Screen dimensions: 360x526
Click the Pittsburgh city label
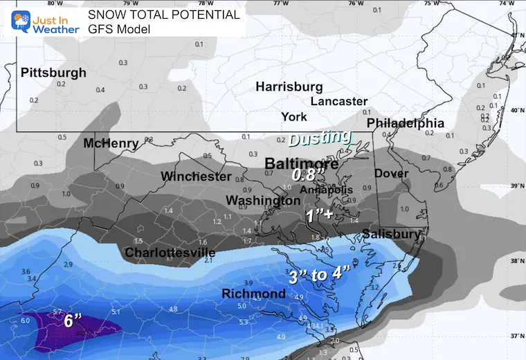tap(53, 73)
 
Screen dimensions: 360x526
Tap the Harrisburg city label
tap(289, 87)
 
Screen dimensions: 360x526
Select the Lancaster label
tap(338, 101)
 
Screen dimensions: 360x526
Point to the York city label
tap(294, 116)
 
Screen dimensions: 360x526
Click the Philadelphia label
tap(405, 123)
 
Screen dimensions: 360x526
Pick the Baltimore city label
tap(302, 164)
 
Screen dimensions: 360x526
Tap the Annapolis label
tap(326, 189)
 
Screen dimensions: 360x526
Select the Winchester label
tap(196, 177)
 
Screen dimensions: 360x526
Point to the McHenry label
tap(111, 143)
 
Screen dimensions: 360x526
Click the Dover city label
tap(391, 173)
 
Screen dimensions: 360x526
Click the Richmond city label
tap(253, 294)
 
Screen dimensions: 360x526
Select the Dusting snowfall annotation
tap(320, 138)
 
